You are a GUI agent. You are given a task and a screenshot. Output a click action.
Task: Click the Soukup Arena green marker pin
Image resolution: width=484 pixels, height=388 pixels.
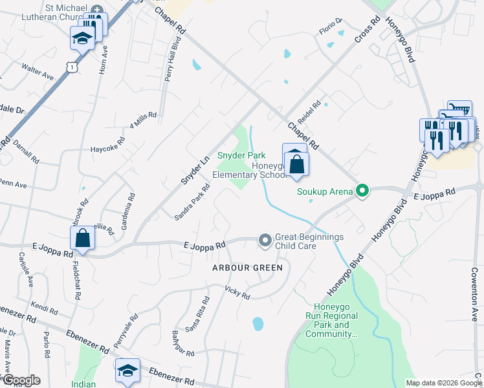pos(362,191)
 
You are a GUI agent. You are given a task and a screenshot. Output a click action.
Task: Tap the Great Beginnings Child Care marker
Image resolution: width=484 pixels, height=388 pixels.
pos(265,241)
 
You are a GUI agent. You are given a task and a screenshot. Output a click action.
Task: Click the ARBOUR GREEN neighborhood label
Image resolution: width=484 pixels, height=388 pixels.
pos(248,267)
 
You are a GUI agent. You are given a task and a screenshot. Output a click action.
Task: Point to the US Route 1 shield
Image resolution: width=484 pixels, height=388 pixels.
pos(72,65)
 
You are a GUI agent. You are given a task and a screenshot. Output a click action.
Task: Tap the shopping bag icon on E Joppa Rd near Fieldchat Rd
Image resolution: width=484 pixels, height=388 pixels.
pos(83,239)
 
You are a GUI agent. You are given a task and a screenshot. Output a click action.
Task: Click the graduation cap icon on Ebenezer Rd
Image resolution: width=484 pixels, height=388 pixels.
pos(127,371)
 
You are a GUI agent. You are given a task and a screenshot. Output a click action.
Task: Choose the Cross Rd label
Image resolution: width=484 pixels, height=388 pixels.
pos(366,32)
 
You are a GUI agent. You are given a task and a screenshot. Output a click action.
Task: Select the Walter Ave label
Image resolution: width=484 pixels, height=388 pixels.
pos(38,71)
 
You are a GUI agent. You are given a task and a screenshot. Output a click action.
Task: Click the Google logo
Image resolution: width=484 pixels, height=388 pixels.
pos(21,380)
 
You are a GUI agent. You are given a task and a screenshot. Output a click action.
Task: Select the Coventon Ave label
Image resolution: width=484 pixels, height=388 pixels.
pos(474,295)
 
